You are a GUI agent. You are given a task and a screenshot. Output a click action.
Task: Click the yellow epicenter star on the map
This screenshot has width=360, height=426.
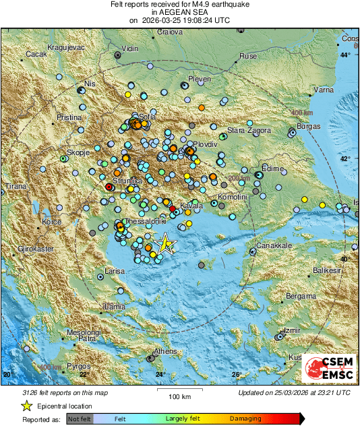(164, 243)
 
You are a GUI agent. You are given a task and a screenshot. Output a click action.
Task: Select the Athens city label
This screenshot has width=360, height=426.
(165, 352)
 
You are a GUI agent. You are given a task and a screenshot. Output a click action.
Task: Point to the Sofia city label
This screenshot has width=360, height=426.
(148, 117)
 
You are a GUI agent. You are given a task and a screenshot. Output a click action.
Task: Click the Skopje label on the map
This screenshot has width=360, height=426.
(78, 153)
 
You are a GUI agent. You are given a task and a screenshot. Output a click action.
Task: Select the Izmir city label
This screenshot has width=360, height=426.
(292, 330)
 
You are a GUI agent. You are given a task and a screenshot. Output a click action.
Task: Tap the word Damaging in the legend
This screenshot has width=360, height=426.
(246, 419)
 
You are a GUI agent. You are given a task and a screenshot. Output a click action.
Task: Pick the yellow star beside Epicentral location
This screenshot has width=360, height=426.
(26, 406)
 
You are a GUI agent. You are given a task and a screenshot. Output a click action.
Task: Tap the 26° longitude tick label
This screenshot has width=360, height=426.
(236, 375)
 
